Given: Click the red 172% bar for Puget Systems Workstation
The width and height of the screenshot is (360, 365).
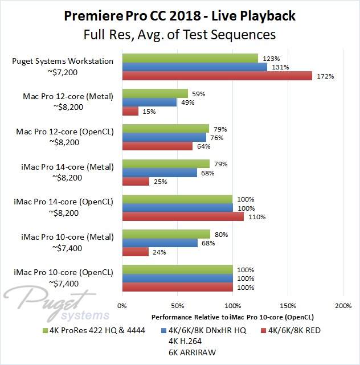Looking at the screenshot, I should [217, 76].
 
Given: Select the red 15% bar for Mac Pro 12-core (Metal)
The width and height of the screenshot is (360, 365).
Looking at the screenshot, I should [130, 111].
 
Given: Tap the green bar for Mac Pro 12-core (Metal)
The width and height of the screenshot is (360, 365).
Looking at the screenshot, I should [154, 93].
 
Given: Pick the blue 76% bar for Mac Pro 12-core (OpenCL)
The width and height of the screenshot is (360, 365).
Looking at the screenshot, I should [163, 137].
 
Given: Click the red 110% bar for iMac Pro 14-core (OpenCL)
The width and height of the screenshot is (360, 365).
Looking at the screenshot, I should [182, 216].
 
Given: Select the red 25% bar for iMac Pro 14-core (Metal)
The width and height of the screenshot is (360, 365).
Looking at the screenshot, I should [136, 181].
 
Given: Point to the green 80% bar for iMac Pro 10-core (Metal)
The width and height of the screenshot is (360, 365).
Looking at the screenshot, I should [166, 233].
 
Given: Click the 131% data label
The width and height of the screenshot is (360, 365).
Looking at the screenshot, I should [280, 67].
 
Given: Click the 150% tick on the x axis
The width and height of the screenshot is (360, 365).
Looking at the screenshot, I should [288, 305].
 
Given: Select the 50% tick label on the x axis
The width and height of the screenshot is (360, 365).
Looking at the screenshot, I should [177, 305].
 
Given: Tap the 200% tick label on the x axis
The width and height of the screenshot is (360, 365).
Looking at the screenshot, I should [343, 305].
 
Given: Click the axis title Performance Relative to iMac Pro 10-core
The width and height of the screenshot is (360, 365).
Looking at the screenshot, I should [234, 316].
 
